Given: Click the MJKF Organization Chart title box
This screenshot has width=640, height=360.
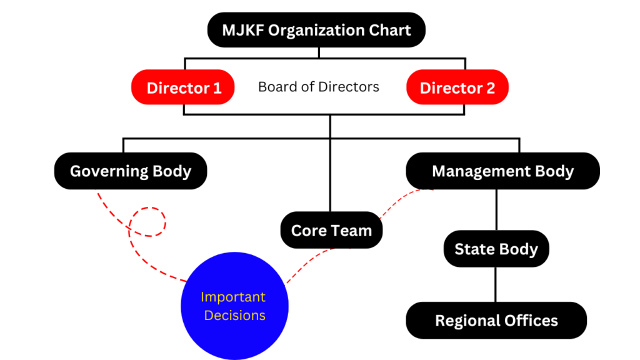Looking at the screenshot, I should pyautogui.click(x=316, y=29).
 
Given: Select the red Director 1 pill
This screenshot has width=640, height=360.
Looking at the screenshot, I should pyautogui.click(x=183, y=87).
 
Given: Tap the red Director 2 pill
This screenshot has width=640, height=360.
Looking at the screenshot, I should pyautogui.click(x=457, y=87).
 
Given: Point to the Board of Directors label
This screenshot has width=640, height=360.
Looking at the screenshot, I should pyautogui.click(x=319, y=87).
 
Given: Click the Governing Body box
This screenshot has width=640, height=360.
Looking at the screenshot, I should pyautogui.click(x=131, y=171).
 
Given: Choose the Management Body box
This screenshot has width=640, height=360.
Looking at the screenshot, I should pyautogui.click(x=502, y=171).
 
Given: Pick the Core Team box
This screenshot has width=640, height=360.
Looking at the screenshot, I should pyautogui.click(x=331, y=230).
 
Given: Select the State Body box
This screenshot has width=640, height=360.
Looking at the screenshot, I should pyautogui.click(x=496, y=249).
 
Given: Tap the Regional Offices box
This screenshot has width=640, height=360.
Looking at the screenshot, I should pyautogui.click(x=496, y=321).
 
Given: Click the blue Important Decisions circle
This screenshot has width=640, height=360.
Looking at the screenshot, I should pyautogui.click(x=234, y=306).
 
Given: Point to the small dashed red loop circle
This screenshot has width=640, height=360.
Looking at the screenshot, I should pyautogui.click(x=147, y=222).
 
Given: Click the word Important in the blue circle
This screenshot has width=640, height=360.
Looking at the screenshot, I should pyautogui.click(x=233, y=297).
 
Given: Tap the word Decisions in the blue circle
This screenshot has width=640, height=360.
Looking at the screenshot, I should pyautogui.click(x=235, y=315).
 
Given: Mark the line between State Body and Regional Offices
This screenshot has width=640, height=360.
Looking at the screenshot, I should pyautogui.click(x=496, y=284).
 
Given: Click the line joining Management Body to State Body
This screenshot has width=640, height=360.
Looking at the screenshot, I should pyautogui.click(x=496, y=210).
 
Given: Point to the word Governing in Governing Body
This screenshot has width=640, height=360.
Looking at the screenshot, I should pyautogui.click(x=109, y=171).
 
